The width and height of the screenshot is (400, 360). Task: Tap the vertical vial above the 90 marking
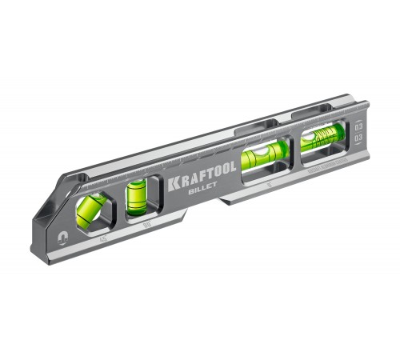click(135, 197)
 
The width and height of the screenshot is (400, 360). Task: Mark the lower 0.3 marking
click(356, 138)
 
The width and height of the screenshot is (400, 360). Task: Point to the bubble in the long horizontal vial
click(261, 154)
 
